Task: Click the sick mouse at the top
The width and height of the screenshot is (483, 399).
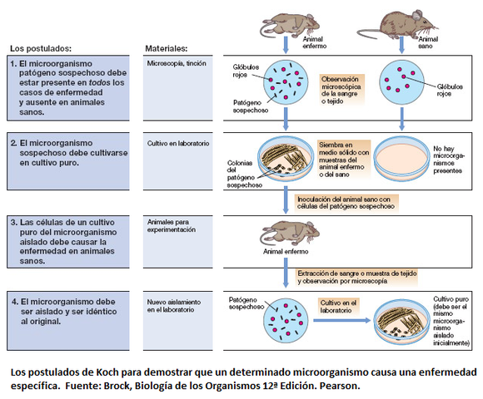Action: (288, 20)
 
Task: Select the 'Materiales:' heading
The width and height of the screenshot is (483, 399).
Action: (166, 48)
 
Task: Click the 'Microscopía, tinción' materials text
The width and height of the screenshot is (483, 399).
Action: (176, 63)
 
